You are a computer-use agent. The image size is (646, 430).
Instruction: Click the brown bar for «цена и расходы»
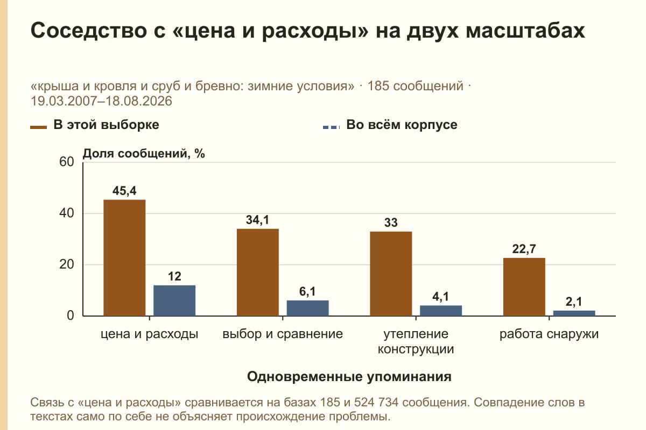tap(124, 258)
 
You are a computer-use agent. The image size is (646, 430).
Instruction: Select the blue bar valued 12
tap(174, 300)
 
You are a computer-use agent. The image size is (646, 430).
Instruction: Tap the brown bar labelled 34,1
tap(257, 273)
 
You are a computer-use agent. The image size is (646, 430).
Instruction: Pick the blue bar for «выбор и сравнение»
tap(307, 308)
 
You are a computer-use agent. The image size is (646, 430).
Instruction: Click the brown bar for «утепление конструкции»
tap(391, 274)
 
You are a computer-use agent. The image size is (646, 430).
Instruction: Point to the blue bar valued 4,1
tap(441, 311)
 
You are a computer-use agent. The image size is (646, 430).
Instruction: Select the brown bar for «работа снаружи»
tap(524, 287)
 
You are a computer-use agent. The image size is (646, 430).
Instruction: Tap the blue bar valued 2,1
tap(574, 313)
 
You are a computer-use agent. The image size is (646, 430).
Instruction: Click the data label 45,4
tap(124, 191)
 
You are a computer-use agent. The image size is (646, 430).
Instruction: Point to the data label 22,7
tap(524, 249)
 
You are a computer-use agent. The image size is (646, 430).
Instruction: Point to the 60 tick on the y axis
tap(67, 162)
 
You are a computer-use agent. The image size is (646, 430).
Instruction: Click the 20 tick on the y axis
tap(67, 264)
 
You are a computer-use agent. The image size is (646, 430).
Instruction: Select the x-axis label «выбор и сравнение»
tap(283, 334)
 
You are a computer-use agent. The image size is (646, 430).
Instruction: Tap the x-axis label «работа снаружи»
tap(549, 334)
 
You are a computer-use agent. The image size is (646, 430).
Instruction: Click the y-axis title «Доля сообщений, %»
tap(144, 154)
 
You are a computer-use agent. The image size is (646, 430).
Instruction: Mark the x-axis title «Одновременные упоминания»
tap(349, 377)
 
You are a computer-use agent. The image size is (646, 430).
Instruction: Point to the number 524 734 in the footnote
tap(376, 402)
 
